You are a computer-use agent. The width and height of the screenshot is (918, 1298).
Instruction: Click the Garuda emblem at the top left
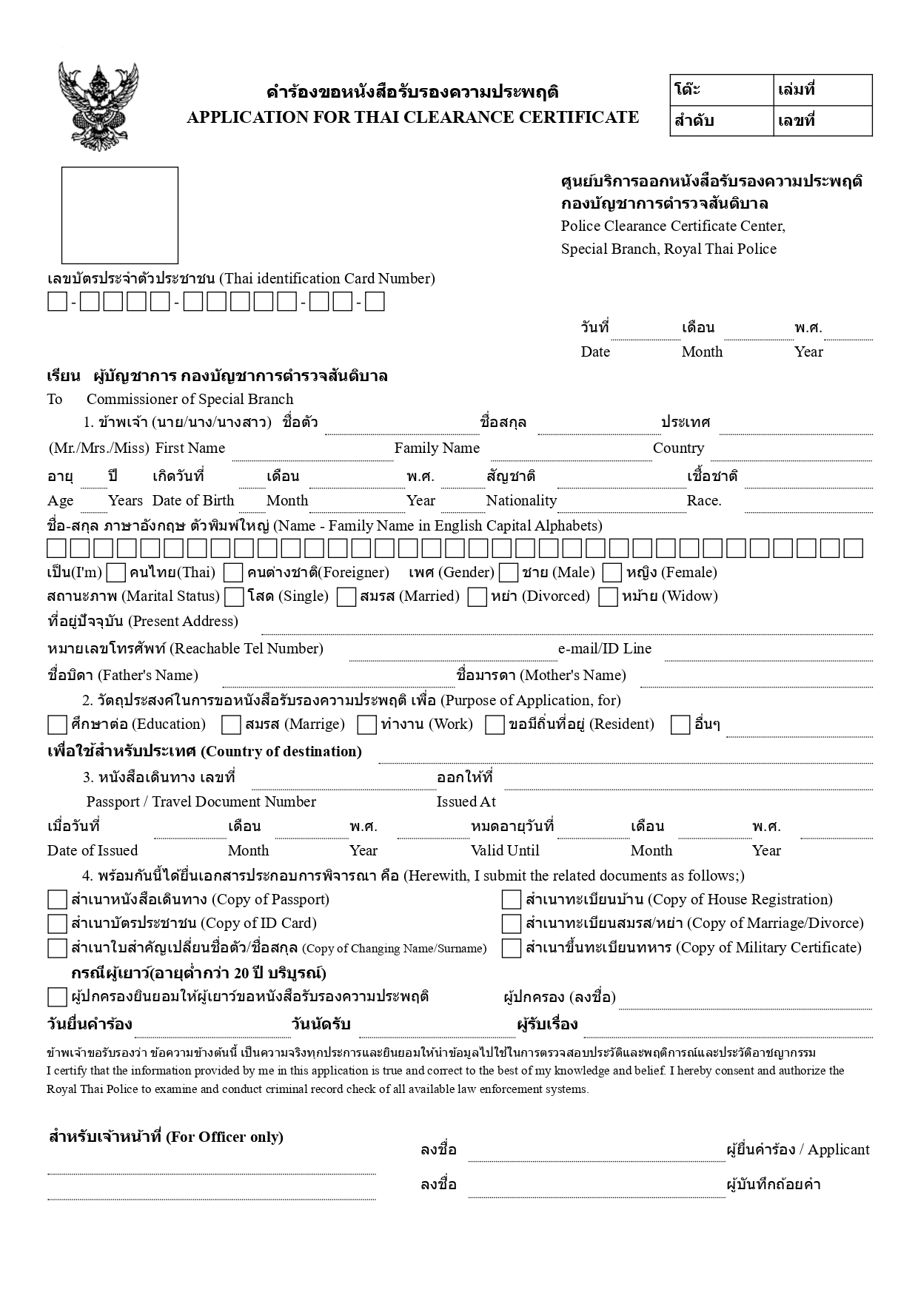pos(98,107)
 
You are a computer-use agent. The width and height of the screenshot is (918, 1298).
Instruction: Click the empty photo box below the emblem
pos(119,215)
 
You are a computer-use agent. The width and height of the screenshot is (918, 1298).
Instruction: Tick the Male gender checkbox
pos(509,573)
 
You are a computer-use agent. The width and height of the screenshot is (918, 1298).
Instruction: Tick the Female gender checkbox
pos(612,573)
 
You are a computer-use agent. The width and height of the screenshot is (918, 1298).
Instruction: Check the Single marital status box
pos(235,596)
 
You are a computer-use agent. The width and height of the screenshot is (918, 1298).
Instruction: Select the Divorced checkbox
pos(478,596)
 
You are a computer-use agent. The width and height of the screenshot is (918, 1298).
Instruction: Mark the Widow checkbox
pos(609,596)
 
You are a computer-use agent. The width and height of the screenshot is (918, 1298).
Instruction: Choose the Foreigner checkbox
pos(234,573)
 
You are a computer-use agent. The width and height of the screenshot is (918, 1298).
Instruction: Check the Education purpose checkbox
pos(57,724)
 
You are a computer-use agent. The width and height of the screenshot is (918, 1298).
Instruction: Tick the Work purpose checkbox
pos(367,724)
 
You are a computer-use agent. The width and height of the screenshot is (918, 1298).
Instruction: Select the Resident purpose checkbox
pos(495,724)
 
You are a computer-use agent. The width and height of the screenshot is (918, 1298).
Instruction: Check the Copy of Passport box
pos(57,900)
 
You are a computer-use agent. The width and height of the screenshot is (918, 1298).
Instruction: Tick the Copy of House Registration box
pos(512,900)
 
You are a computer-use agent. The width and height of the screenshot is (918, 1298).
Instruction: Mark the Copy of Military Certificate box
pos(512,948)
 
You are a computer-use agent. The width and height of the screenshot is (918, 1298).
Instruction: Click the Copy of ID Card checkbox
pos(57,924)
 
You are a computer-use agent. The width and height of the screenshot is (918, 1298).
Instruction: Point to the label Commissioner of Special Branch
pos(190,400)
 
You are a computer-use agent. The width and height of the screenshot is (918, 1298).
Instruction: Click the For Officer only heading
pos(166,1137)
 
